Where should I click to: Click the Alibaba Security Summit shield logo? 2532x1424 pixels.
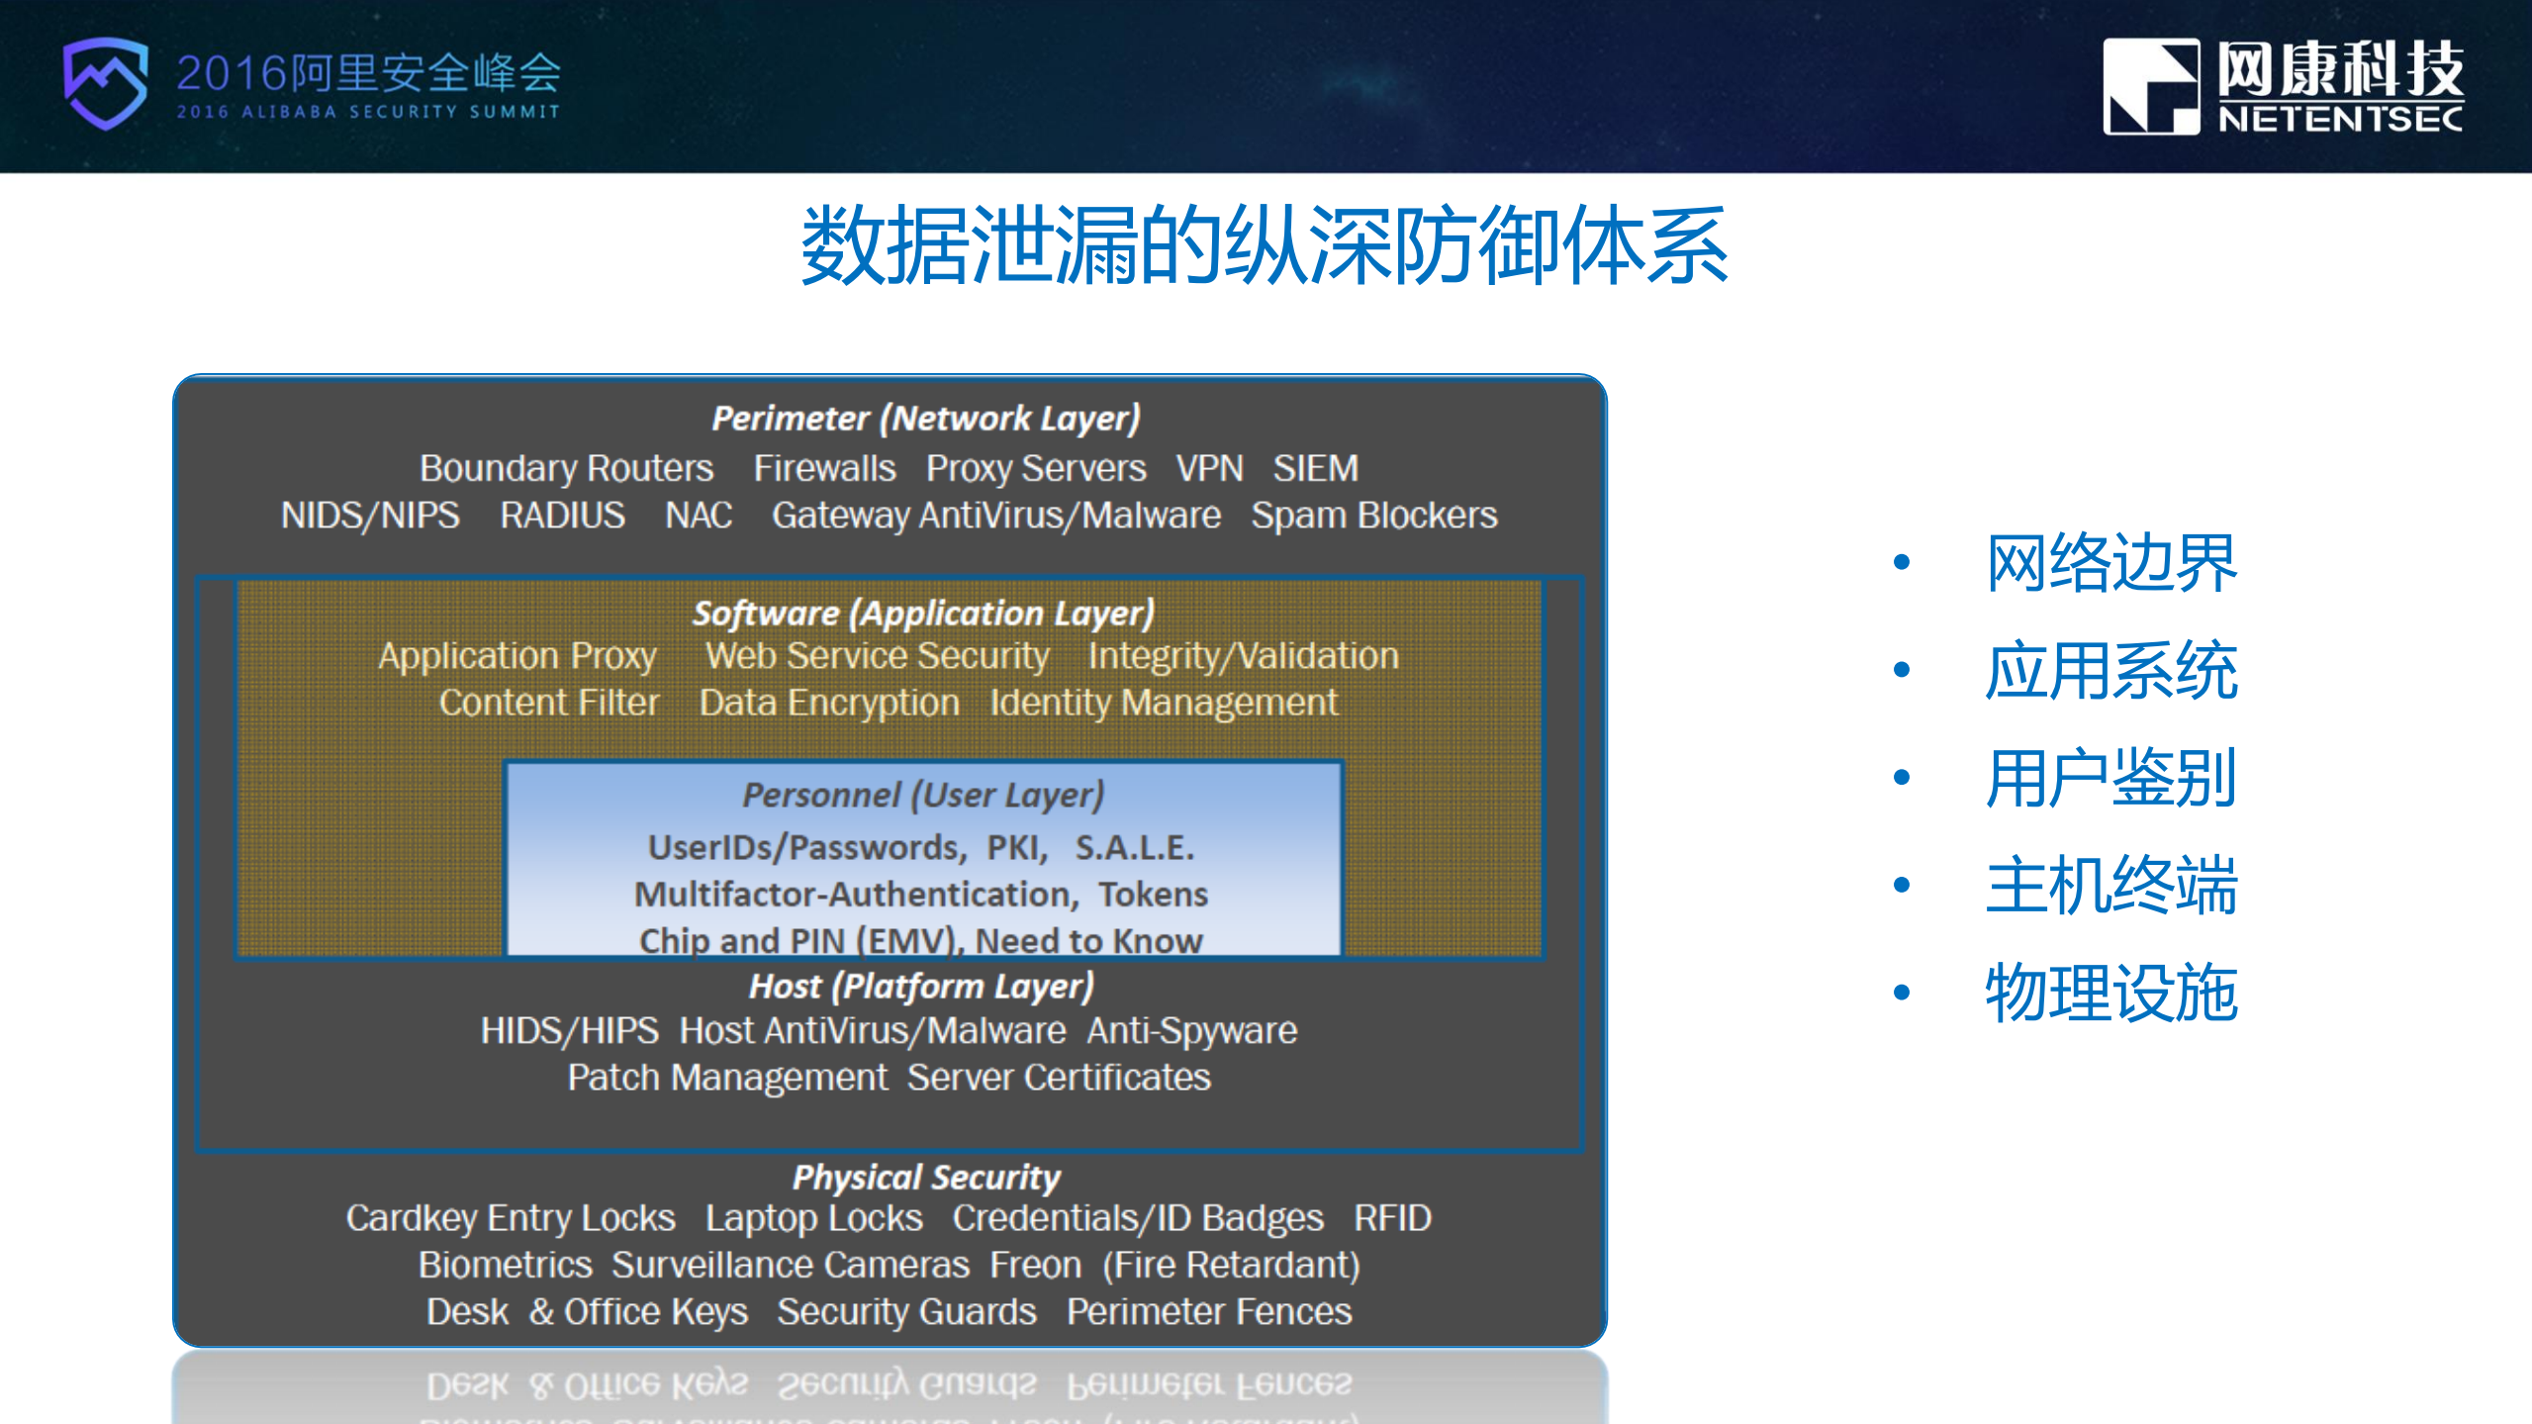point(105,83)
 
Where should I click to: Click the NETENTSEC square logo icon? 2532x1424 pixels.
point(2150,86)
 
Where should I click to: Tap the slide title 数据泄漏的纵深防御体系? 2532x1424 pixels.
point(1265,246)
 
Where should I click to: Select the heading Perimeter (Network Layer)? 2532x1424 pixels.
point(926,419)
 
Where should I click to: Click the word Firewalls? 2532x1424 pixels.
point(824,468)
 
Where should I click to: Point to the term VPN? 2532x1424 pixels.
point(1209,468)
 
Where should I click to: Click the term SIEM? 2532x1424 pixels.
point(1315,468)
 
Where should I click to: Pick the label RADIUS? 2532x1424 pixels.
point(562,516)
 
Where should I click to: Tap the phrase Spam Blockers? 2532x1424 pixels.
point(1373,516)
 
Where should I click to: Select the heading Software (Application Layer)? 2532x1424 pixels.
point(923,614)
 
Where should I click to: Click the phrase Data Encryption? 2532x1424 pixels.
point(829,703)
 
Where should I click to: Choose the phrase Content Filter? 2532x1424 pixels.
point(549,703)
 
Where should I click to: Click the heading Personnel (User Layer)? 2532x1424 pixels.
point(923,796)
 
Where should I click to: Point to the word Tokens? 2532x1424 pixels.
point(1153,895)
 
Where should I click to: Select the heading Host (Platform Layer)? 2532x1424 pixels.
point(921,987)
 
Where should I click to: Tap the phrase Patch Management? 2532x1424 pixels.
point(727,1078)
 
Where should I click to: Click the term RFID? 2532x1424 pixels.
point(1391,1218)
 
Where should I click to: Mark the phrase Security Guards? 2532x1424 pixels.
point(906,1312)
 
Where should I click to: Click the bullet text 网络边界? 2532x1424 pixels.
point(2110,563)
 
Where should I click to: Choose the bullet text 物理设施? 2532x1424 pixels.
point(2110,993)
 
